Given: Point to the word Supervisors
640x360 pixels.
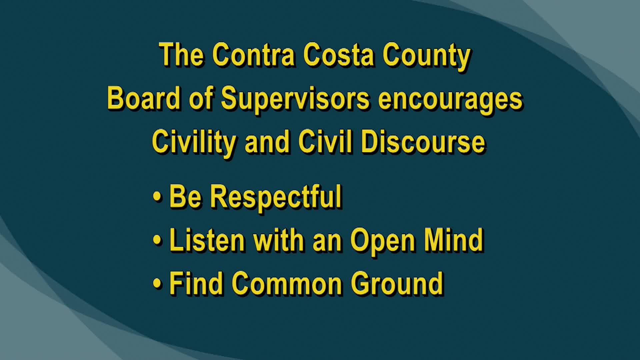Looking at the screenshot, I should click(295, 99).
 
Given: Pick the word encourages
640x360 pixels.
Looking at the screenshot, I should click(450, 99).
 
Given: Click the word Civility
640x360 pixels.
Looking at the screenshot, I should click(194, 142).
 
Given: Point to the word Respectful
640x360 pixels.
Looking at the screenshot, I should click(276, 197).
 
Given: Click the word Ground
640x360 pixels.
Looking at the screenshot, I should click(397, 283).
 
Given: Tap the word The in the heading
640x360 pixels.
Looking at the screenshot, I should click(182, 55).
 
